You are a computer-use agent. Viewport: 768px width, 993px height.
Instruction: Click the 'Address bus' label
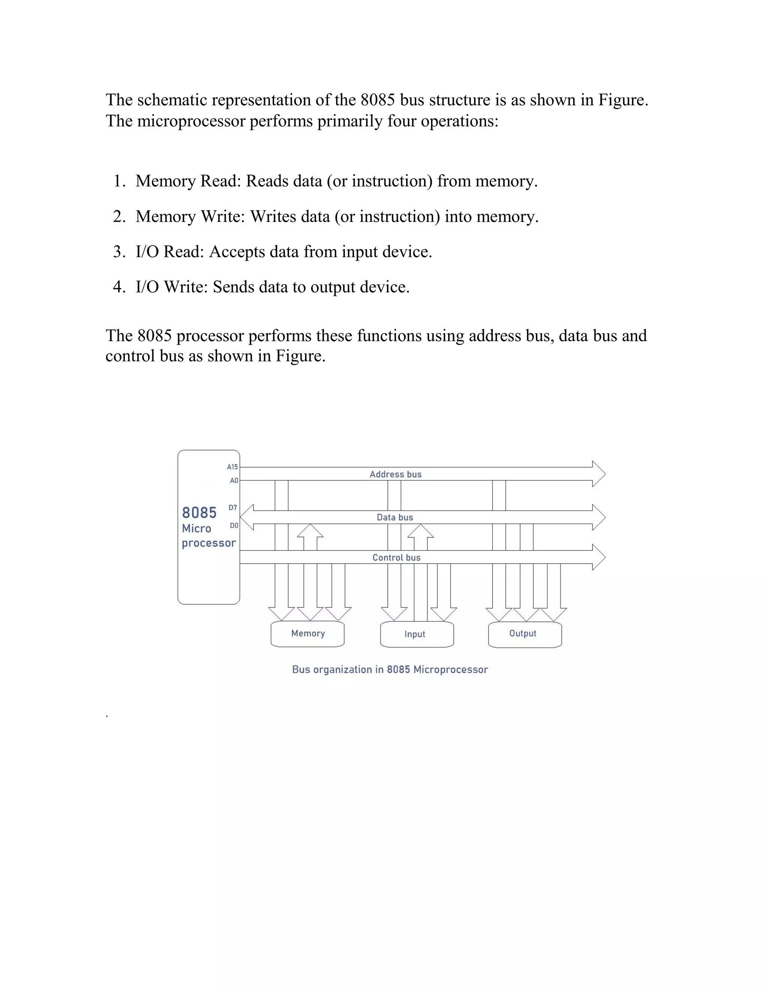coord(395,474)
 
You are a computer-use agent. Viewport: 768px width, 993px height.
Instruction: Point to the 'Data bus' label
coord(394,517)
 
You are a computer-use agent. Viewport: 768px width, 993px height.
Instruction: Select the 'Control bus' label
coord(396,558)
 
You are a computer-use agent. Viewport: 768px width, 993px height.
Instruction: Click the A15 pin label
coord(232,467)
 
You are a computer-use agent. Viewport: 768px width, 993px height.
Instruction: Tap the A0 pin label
coord(234,481)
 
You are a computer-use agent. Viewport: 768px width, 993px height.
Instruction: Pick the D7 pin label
coord(232,507)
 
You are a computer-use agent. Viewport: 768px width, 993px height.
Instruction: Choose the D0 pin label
coord(234,526)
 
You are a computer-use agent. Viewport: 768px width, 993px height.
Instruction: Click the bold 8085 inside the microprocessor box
coord(199,513)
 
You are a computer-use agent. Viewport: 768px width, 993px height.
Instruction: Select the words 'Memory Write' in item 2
coord(190,217)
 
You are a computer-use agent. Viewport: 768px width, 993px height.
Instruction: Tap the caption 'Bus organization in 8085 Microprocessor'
coord(390,670)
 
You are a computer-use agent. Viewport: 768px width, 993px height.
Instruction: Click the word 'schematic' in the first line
coord(172,100)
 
